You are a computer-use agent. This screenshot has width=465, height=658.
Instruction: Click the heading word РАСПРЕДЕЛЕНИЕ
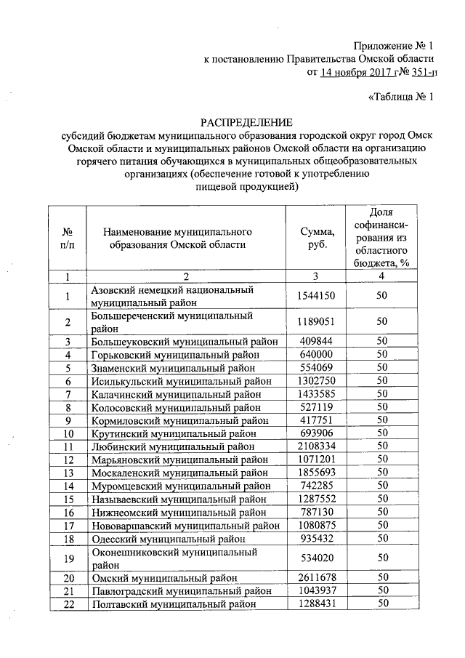pos(246,121)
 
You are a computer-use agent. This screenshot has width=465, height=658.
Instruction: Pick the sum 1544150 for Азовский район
pos(317,296)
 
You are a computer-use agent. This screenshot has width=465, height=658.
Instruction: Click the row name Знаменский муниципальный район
pos(174,367)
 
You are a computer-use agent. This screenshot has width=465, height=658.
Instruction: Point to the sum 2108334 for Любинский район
pos(317,446)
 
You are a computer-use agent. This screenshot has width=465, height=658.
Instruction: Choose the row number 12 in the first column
pos(69,459)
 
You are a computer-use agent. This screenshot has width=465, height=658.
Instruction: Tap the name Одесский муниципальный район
pos(168,539)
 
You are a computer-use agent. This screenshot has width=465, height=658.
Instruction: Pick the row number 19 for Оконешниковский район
pos(69,558)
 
